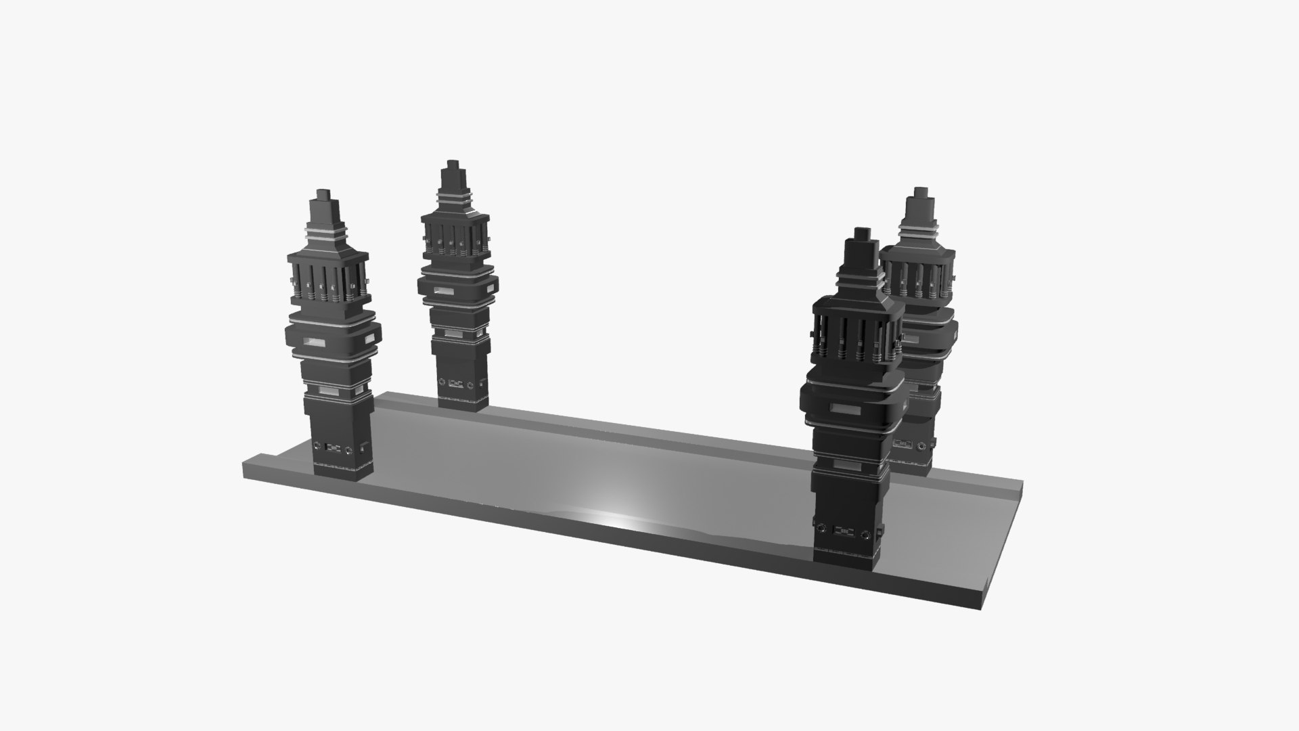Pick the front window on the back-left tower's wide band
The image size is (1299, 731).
[x=444, y=290]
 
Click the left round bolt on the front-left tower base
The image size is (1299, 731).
[x=317, y=446]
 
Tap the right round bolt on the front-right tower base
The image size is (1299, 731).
[x=867, y=536]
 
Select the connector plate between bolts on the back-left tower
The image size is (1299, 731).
[x=455, y=383]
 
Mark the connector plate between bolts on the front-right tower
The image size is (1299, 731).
[x=844, y=532]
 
